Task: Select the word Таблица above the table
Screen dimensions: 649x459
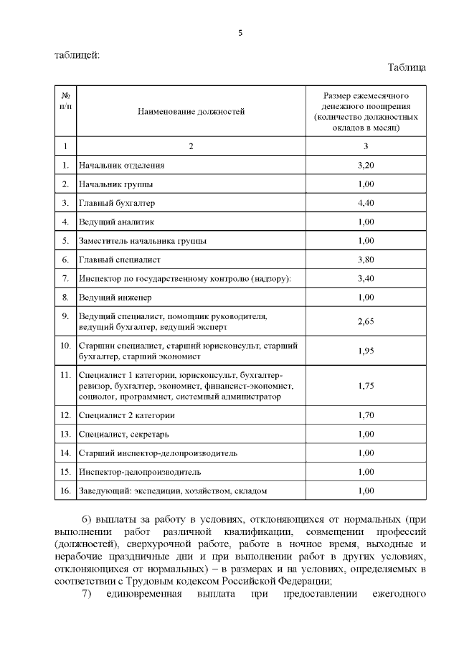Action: pos(407,67)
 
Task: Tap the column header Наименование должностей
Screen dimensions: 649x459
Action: pos(191,111)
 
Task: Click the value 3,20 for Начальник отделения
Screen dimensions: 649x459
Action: pos(366,166)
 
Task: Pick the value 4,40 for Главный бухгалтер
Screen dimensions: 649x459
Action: pos(366,203)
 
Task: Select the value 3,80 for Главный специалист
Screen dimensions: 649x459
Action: pos(366,259)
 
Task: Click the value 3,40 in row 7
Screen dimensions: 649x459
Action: pos(366,278)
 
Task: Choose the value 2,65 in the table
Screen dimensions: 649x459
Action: pos(366,321)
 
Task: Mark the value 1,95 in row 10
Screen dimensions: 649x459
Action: pos(366,351)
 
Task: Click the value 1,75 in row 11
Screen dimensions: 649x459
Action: pos(366,385)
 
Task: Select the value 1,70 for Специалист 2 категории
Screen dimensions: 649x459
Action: pos(366,415)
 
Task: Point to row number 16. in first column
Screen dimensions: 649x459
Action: pos(65,491)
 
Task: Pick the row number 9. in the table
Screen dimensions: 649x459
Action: pos(65,316)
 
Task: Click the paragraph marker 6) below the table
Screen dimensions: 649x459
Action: pos(87,518)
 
